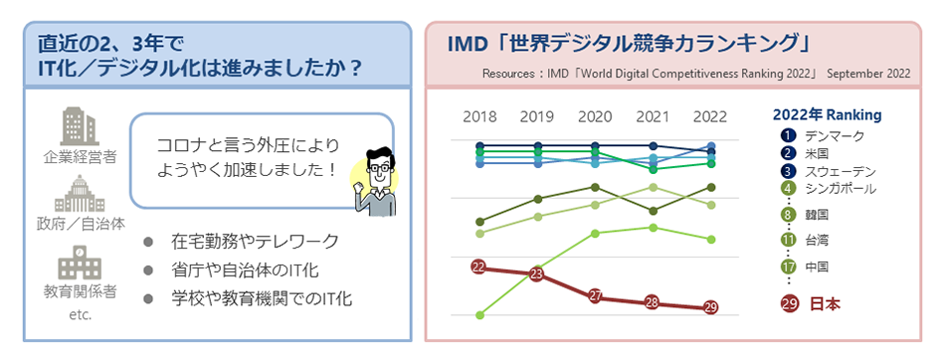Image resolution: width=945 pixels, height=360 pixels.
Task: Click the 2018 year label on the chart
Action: coord(479,116)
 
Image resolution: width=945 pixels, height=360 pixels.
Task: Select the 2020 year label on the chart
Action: coord(595,116)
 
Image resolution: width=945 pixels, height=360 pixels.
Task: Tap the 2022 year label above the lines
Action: coord(709,116)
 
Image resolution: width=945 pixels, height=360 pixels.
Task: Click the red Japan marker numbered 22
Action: coord(479,267)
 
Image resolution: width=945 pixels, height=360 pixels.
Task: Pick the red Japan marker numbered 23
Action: coord(537,273)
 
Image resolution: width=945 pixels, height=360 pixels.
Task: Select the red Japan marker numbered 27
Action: coord(595,295)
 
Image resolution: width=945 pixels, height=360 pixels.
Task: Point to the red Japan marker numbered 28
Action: coord(653,302)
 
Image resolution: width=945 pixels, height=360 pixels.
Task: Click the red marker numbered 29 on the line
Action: coord(709,307)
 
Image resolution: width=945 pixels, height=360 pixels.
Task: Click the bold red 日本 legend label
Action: coord(823,303)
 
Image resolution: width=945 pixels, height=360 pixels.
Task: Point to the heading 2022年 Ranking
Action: coord(827,114)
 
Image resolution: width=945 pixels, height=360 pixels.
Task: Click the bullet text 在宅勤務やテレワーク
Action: coord(255,242)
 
